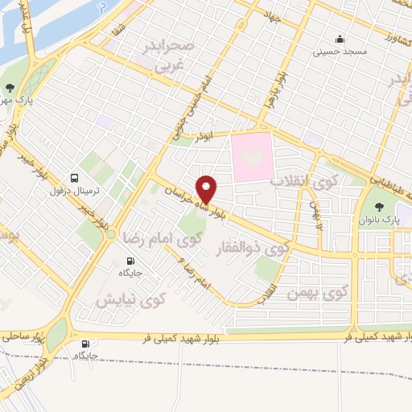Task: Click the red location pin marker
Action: (207, 188)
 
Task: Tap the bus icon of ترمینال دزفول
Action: (75, 178)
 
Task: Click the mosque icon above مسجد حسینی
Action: (340, 38)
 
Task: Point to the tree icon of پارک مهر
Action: (10, 89)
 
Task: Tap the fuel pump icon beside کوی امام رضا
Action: (130, 261)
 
